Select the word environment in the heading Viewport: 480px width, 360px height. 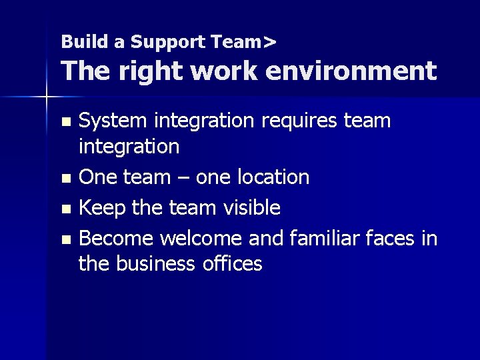tap(351, 70)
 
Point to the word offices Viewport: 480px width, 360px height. tap(233, 264)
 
